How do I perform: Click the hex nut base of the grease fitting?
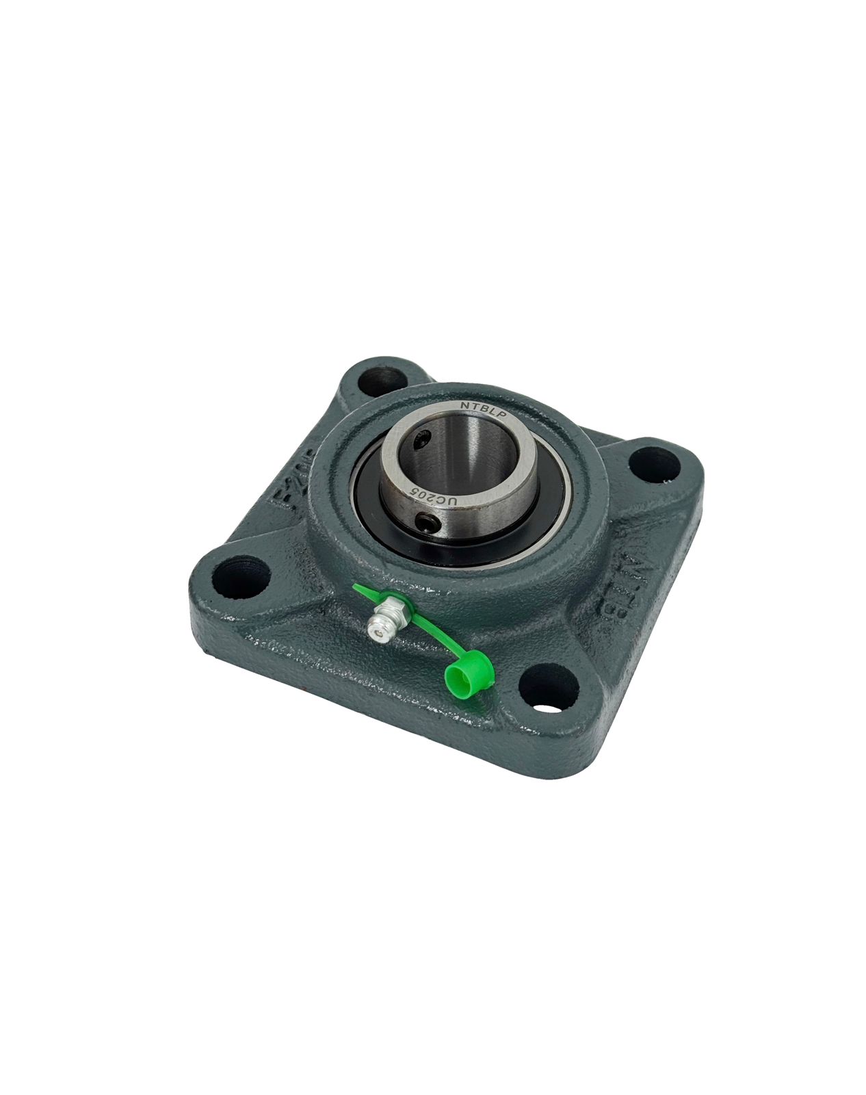click(393, 606)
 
